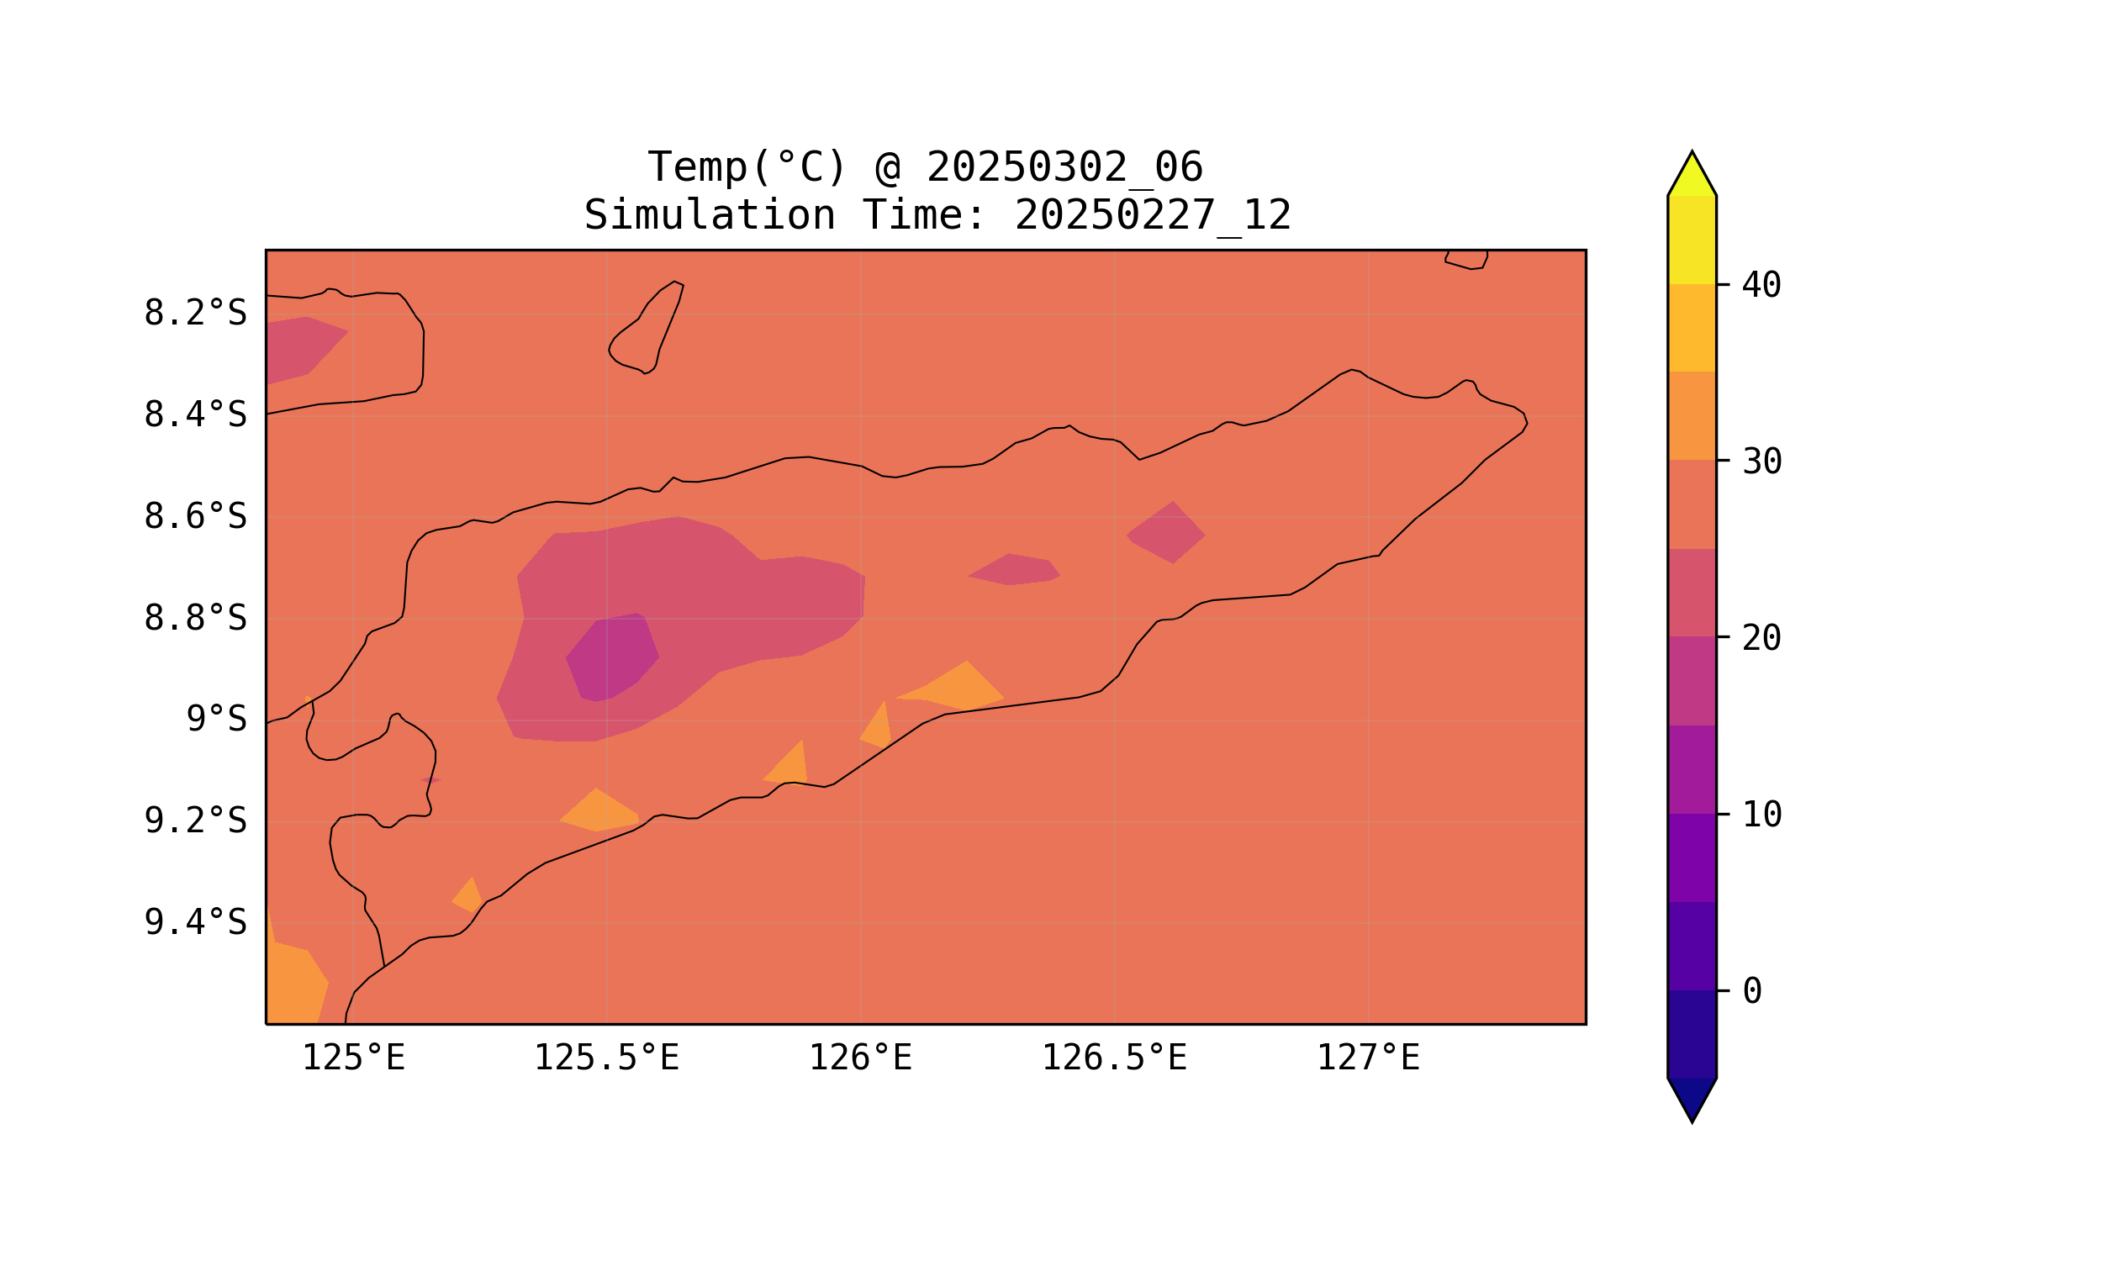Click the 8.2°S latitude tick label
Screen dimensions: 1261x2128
pyautogui.click(x=194, y=314)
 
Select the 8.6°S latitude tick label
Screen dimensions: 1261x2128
pyautogui.click(x=194, y=517)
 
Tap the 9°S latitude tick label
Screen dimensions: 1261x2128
pyautogui.click(x=216, y=720)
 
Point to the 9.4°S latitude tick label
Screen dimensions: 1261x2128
pyautogui.click(x=194, y=922)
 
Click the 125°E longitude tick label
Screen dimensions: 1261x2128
pyautogui.click(x=353, y=1058)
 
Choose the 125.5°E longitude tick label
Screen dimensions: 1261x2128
pyautogui.click(x=606, y=1058)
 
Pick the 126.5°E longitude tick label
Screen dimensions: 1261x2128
pyautogui.click(x=1114, y=1058)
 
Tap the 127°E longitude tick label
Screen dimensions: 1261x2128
pyautogui.click(x=1367, y=1058)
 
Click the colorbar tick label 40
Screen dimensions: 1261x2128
pyautogui.click(x=1761, y=286)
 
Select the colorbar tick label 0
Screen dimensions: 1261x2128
pyautogui.click(x=1751, y=991)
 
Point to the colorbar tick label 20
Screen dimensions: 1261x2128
pyautogui.click(x=1761, y=638)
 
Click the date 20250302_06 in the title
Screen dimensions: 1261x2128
pyautogui.click(x=1064, y=167)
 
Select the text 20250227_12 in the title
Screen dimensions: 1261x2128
pyautogui.click(x=1153, y=216)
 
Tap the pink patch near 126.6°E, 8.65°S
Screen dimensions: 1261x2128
pyautogui.click(x=1167, y=534)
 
